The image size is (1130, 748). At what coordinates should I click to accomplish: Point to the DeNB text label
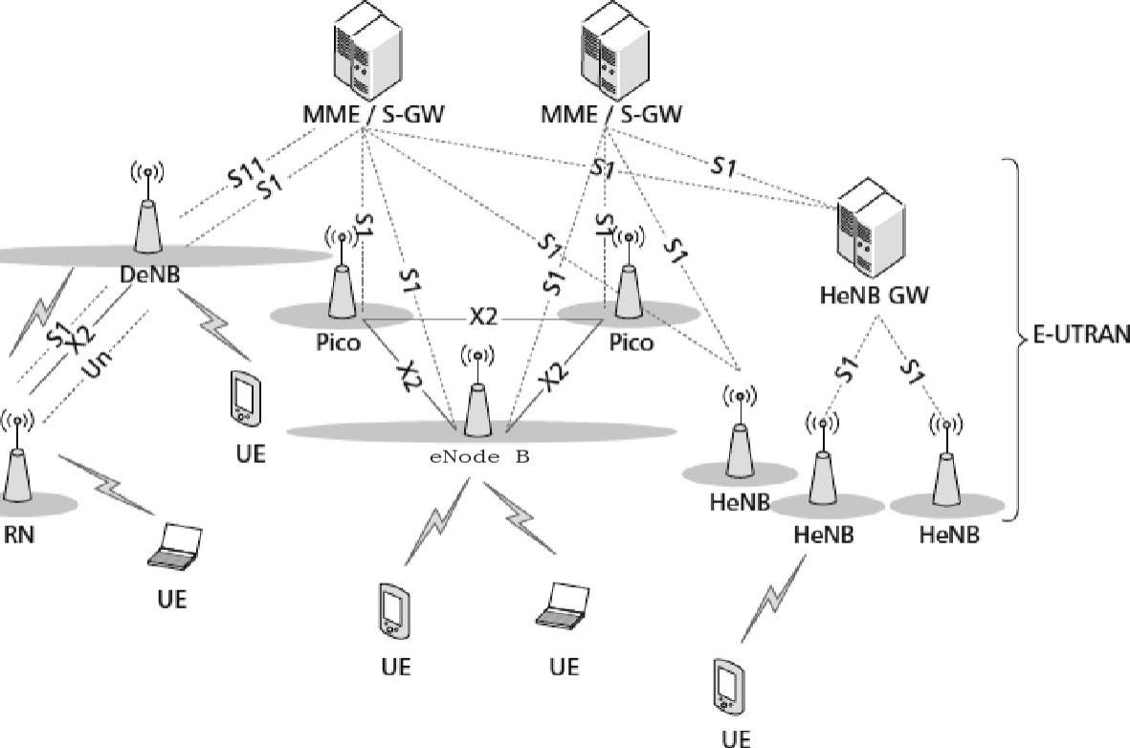tap(150, 275)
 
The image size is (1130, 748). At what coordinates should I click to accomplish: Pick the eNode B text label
tap(479, 457)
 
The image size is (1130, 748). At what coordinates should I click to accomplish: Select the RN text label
tap(19, 536)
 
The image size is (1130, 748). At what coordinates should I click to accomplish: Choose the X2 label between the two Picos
tap(483, 317)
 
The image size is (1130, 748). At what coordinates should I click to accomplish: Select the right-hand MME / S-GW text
tap(611, 115)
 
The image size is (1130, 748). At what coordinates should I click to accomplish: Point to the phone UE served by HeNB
tap(728, 686)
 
